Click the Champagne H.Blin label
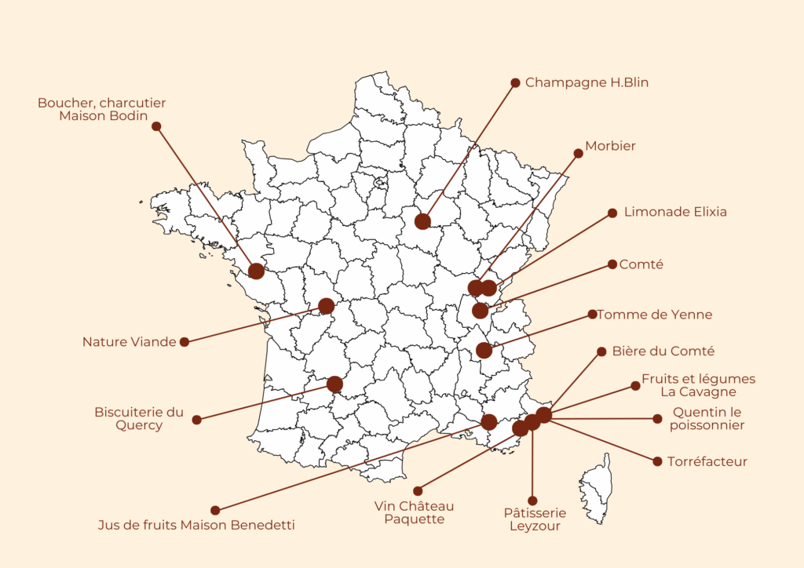587,82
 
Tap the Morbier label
610,146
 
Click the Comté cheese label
641,264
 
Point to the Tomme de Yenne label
654,315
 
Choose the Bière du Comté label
663,351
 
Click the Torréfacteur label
707,461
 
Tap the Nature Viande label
129,342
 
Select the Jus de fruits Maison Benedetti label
196,525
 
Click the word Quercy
139,426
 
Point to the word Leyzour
535,526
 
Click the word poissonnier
707,426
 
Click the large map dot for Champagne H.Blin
422,221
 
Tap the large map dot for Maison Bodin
256,271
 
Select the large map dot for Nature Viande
327,306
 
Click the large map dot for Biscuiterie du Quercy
334,384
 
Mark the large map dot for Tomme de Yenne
484,350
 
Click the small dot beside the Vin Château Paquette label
418,491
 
